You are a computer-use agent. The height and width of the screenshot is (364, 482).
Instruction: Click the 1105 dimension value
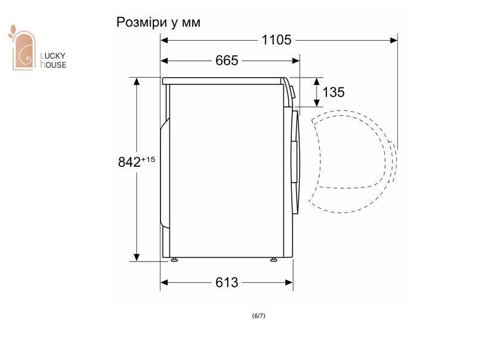pyautogui.click(x=276, y=40)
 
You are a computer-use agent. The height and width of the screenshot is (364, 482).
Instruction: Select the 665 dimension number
pyautogui.click(x=226, y=61)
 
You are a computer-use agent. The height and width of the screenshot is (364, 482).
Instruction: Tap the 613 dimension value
pyautogui.click(x=226, y=282)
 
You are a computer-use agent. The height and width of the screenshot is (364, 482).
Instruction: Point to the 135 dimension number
pyautogui.click(x=333, y=92)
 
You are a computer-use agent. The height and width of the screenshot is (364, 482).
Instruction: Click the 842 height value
pyautogui.click(x=129, y=162)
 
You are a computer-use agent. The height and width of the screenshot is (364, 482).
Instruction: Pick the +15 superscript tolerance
pyautogui.click(x=148, y=160)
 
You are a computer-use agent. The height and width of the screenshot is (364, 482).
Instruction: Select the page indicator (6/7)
pyautogui.click(x=259, y=315)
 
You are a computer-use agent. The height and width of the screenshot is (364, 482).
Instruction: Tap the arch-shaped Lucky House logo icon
pyautogui.click(x=22, y=49)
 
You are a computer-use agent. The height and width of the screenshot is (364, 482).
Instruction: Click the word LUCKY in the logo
pyautogui.click(x=53, y=56)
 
